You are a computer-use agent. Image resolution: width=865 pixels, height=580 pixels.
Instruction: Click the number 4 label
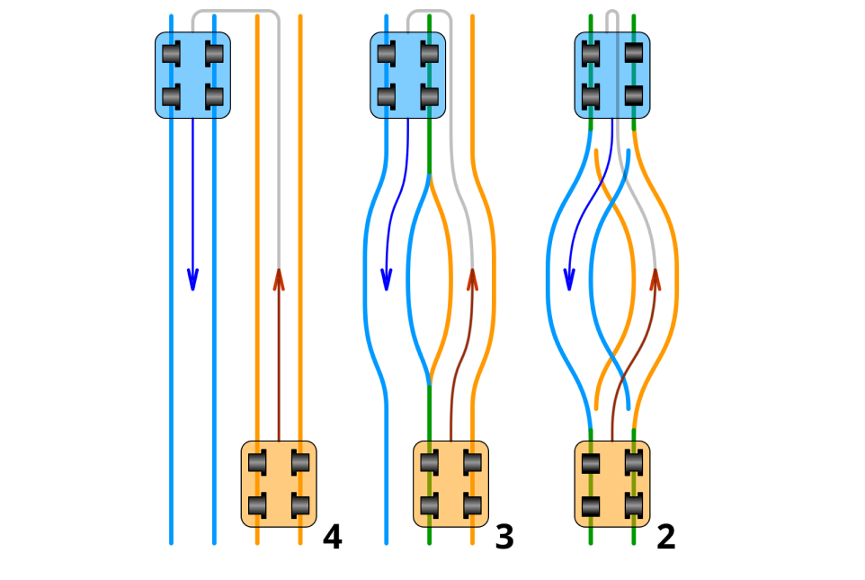332,538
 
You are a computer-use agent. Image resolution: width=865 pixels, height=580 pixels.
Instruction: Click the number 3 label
504,538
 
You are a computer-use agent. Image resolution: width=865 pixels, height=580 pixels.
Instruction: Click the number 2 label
665,538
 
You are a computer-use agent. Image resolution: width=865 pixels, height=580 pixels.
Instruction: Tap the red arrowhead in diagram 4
279,280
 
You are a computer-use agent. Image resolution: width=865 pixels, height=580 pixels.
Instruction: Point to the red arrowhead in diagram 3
472,280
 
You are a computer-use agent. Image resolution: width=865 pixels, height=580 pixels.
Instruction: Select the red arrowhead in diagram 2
655,280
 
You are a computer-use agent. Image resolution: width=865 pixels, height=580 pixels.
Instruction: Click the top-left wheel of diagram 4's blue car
171,54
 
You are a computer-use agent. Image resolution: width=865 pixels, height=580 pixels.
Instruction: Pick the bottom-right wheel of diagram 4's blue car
214,96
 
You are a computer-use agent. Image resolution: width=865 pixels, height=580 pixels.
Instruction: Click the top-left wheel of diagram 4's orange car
257,463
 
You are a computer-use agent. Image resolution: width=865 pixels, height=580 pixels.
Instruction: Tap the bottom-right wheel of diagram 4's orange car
300,505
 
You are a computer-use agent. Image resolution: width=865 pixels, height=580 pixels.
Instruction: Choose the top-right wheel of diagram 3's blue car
430,54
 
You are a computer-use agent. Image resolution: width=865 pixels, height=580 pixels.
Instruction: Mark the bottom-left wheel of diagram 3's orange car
430,505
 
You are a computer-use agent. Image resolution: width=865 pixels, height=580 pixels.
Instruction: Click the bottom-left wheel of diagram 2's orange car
591,506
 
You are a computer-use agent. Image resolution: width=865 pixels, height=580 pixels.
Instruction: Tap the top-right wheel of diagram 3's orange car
473,463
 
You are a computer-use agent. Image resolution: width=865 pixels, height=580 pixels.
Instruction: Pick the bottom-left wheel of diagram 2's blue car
591,96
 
